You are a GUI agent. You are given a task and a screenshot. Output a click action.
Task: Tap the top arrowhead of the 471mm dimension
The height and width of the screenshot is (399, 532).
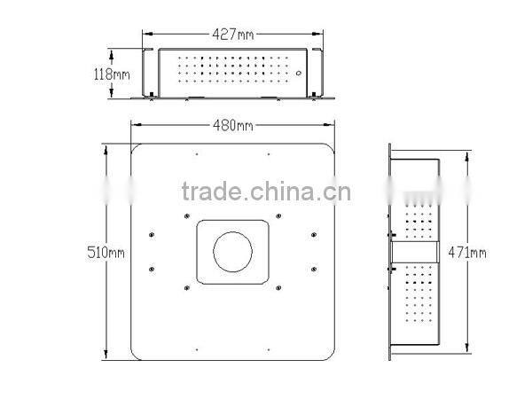(x=462, y=152)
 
